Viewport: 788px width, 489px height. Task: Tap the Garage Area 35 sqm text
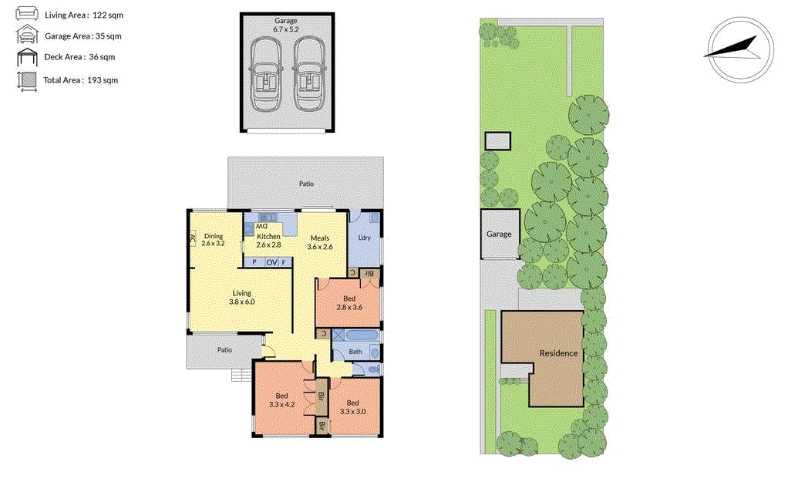coord(83,35)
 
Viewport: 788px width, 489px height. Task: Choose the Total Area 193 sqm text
coord(80,79)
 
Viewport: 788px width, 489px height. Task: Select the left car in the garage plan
coord(267,77)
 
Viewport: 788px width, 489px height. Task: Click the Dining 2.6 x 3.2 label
coord(213,239)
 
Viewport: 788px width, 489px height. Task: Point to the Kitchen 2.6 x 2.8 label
coord(268,240)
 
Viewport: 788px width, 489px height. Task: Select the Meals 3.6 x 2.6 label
coord(320,242)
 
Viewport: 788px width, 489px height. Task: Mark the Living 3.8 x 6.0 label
coord(241,297)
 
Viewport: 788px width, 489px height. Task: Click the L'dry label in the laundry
coord(362,238)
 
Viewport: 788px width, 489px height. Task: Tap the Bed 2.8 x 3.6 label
coord(349,302)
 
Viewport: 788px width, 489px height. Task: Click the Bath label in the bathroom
coord(355,352)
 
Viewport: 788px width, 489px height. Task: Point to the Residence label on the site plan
coord(558,353)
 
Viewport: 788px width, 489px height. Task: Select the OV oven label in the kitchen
coord(271,263)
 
